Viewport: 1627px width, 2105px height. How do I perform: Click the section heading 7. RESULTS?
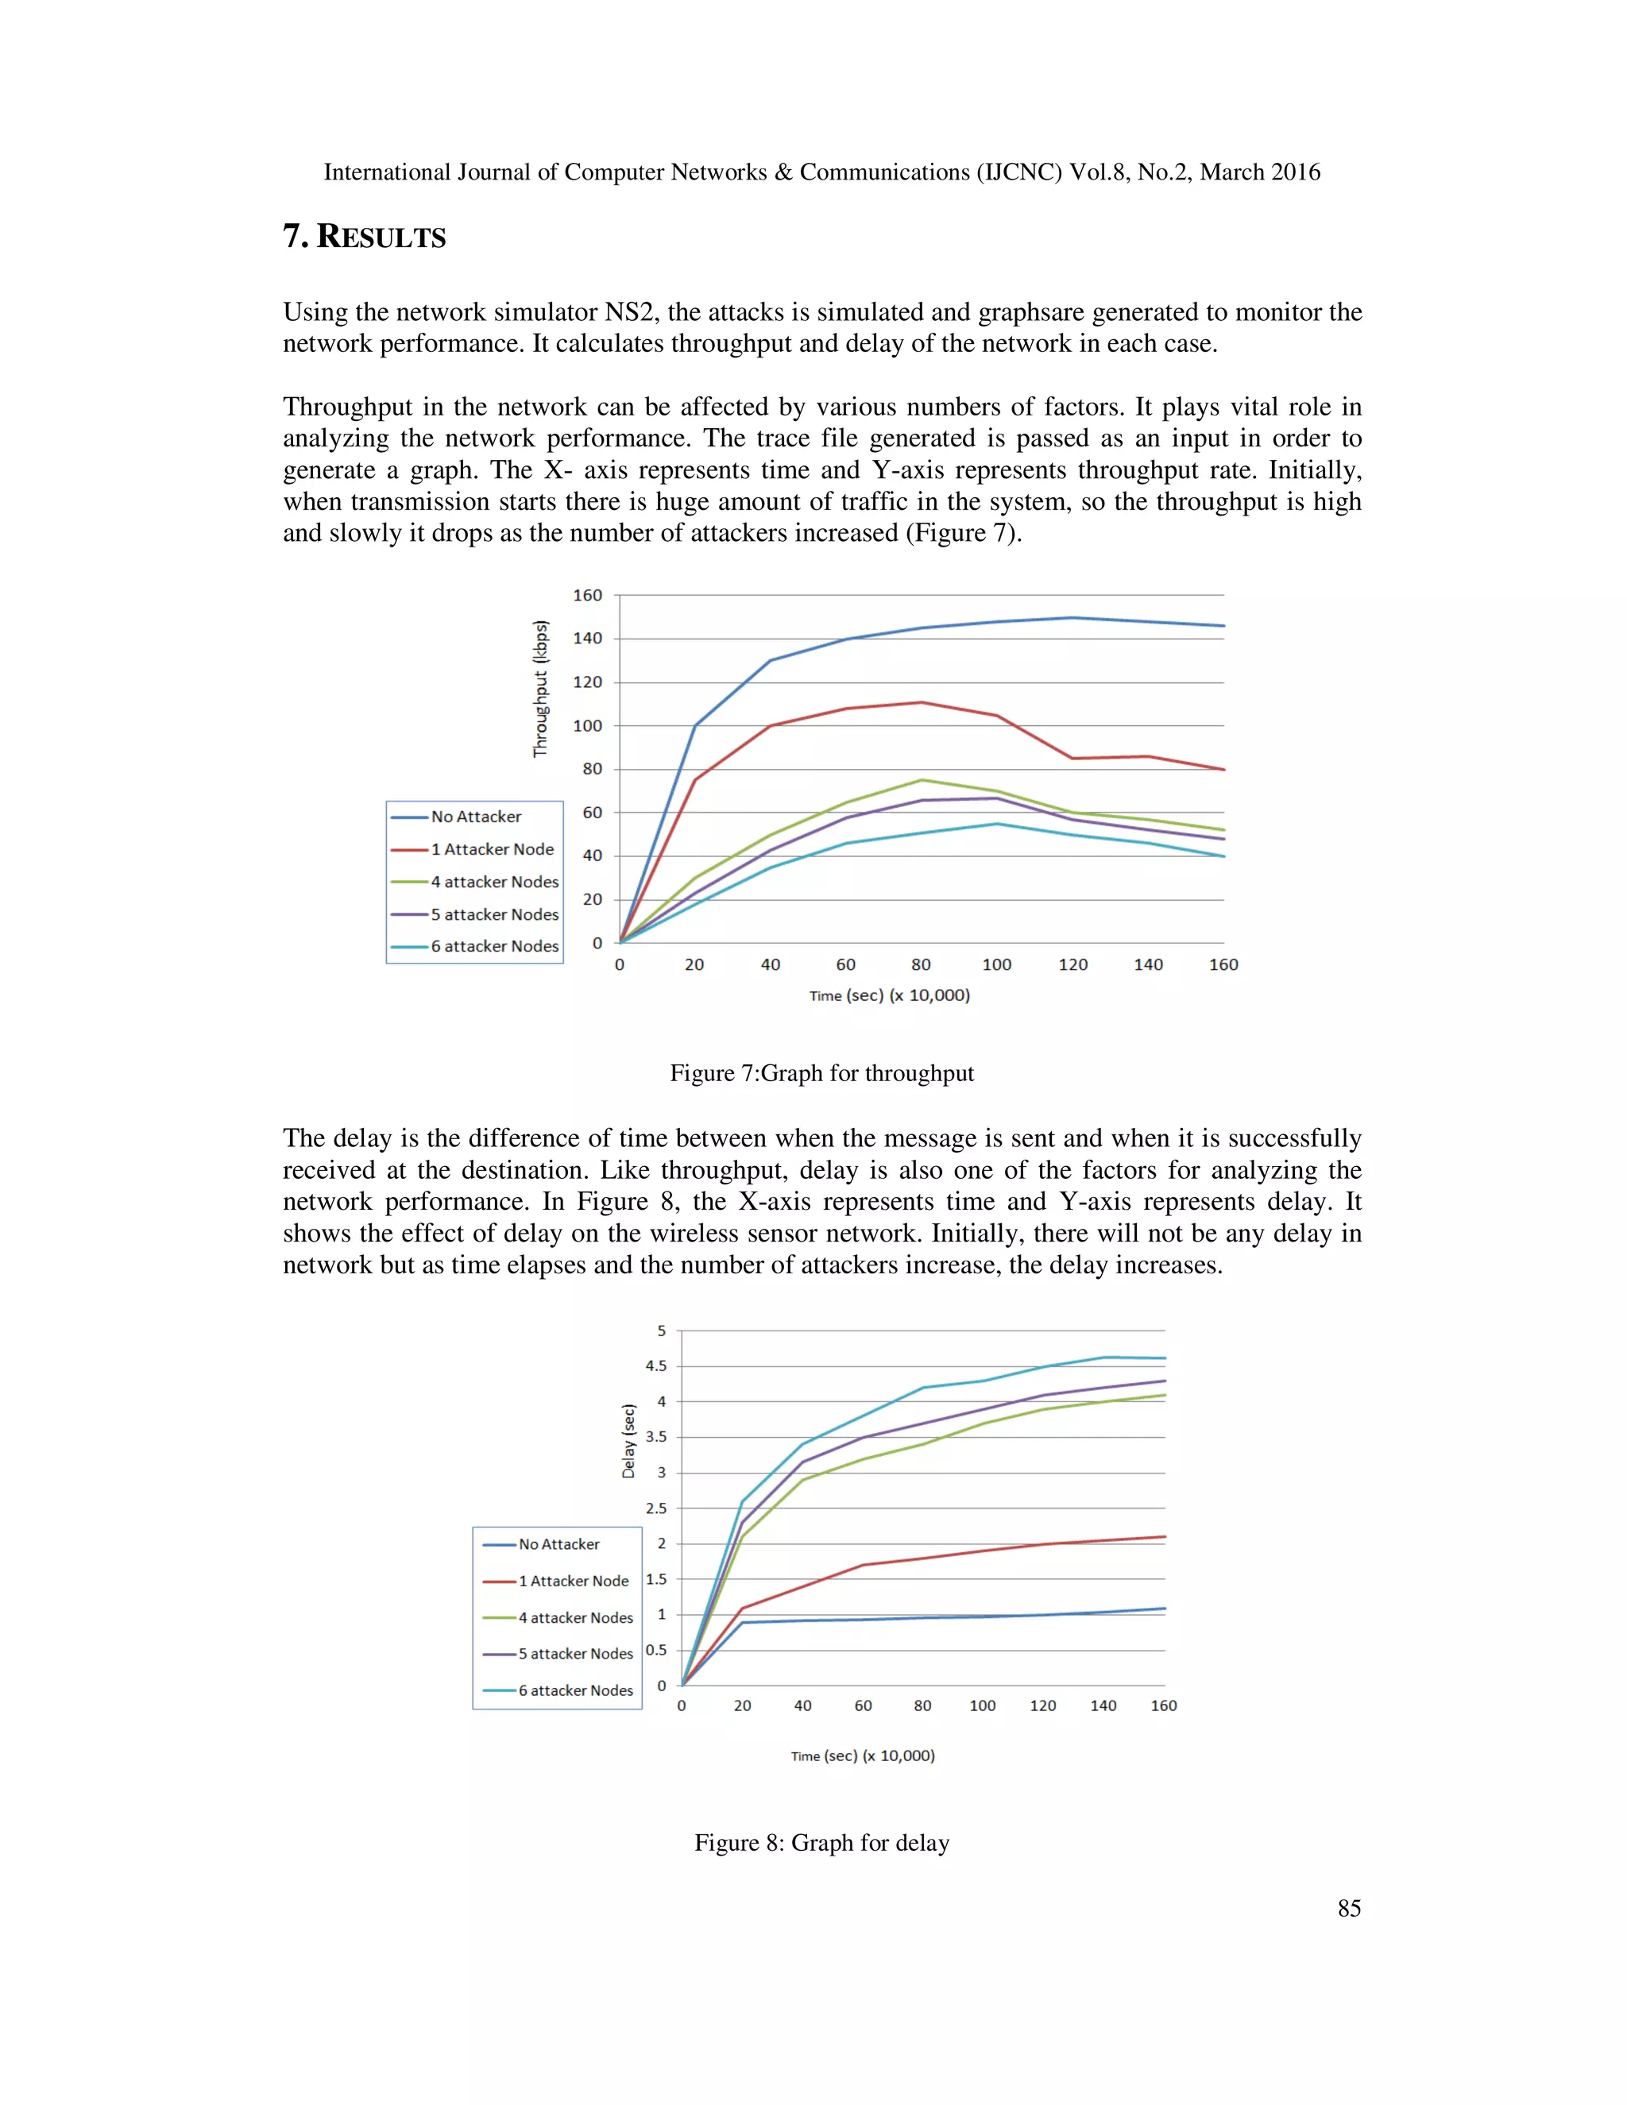(x=365, y=237)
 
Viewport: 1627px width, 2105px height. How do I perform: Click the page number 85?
(x=1348, y=1908)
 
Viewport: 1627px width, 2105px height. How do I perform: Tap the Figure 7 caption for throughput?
(x=821, y=1074)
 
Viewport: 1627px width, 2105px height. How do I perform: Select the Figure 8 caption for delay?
(x=821, y=1843)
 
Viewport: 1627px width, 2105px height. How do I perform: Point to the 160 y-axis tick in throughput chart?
(x=587, y=596)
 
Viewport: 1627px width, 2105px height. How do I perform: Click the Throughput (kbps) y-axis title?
(x=541, y=688)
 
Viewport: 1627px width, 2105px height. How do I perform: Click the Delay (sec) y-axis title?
(x=628, y=1441)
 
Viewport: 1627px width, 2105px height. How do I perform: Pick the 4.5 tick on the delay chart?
(x=655, y=1365)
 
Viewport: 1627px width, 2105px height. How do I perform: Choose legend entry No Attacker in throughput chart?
(x=475, y=817)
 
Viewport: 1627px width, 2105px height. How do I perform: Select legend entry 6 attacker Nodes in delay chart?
(x=575, y=1690)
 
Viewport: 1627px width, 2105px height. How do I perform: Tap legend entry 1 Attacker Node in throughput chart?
(x=492, y=849)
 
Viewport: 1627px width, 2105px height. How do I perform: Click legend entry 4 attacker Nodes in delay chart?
(x=575, y=1617)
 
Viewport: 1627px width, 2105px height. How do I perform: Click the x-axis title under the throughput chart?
(x=889, y=995)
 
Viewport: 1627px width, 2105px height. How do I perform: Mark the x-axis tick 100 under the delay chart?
(x=982, y=1706)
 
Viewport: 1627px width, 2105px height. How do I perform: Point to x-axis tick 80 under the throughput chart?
(x=921, y=965)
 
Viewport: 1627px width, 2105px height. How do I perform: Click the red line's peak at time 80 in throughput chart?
(x=922, y=703)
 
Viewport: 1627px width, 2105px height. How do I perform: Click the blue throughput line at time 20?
(x=695, y=726)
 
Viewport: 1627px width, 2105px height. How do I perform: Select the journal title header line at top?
(x=821, y=172)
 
